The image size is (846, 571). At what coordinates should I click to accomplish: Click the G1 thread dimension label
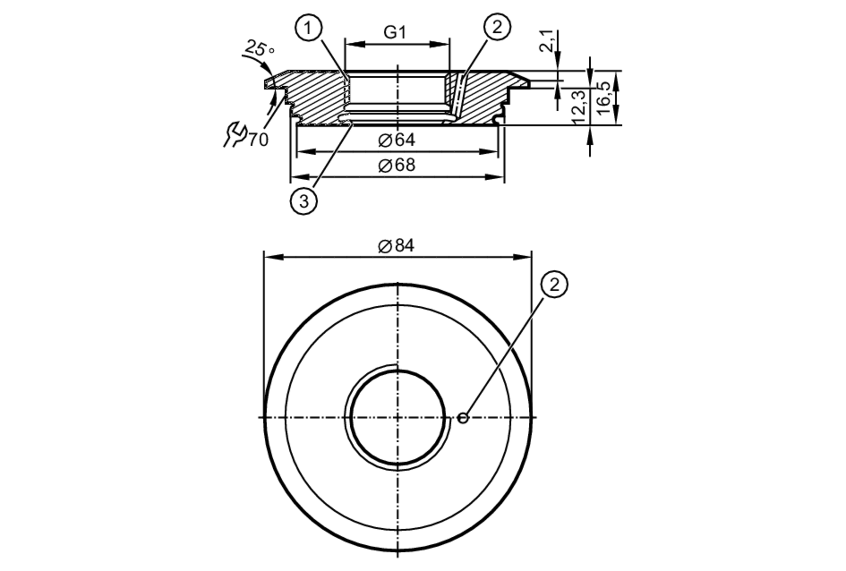pyautogui.click(x=395, y=33)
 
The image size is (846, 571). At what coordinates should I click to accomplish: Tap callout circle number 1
pyautogui.click(x=308, y=28)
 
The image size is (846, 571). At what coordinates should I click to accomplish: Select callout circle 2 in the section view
pyautogui.click(x=497, y=27)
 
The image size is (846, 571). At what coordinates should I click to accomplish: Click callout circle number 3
pyautogui.click(x=304, y=201)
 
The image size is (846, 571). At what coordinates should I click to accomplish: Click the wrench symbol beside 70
pyautogui.click(x=235, y=134)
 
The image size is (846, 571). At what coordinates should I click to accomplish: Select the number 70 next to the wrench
pyautogui.click(x=258, y=140)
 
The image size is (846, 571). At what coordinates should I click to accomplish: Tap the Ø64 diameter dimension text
pyautogui.click(x=396, y=140)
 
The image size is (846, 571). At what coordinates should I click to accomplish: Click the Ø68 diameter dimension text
pyautogui.click(x=396, y=165)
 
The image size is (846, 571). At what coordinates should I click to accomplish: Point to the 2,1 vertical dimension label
pyautogui.click(x=547, y=41)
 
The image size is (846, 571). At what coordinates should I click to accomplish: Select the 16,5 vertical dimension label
pyautogui.click(x=604, y=98)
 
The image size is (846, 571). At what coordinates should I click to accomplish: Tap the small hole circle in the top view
pyautogui.click(x=463, y=418)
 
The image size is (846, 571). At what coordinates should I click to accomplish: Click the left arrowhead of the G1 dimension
pyautogui.click(x=354, y=44)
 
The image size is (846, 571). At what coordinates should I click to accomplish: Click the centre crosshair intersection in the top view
pyautogui.click(x=398, y=418)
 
